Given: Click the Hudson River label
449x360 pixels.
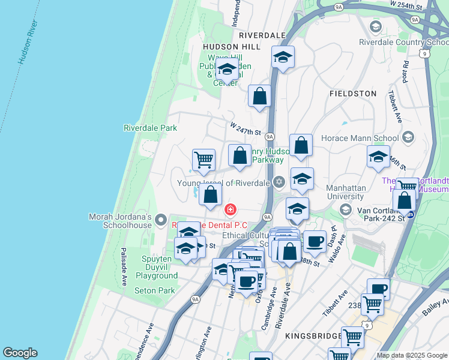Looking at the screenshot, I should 28,46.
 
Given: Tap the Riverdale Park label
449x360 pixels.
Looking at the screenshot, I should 150,128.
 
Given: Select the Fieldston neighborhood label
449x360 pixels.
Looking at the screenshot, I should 353,94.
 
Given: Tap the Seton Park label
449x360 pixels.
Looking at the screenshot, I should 154,290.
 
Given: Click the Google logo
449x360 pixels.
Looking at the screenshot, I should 20,353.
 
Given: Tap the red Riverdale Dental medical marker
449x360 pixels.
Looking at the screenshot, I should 230,209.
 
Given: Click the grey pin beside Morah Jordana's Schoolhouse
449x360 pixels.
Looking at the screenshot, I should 161,220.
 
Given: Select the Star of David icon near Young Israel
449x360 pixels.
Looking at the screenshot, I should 279,182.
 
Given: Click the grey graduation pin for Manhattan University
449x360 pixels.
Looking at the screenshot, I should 345,209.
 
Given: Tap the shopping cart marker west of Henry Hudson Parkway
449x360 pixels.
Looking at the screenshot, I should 203,160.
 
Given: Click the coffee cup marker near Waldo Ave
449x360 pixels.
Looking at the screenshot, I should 315,241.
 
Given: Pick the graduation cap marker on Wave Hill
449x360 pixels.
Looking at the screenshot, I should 227,71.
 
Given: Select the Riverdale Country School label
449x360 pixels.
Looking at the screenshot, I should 403,42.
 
